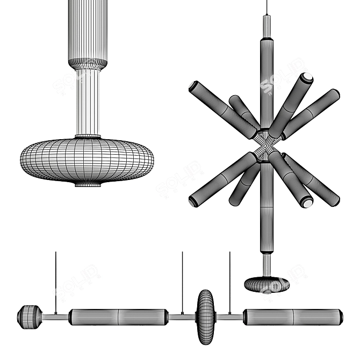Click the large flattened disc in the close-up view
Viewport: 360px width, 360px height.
pyautogui.click(x=87, y=160)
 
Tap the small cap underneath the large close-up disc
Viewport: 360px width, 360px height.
pyautogui.click(x=87, y=184)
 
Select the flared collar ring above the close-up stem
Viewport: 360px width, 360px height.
pyautogui.click(x=87, y=64)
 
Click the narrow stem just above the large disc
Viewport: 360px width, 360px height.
pyautogui.click(x=87, y=102)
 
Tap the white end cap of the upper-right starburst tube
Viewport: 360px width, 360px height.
pyautogui.click(x=307, y=77)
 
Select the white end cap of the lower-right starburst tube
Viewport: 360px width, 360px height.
pyautogui.click(x=307, y=203)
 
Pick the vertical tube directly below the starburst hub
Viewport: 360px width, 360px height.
pyautogui.click(x=267, y=210)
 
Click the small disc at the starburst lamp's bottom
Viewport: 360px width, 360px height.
pyautogui.click(x=267, y=284)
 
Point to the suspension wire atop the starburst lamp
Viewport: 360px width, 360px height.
pyautogui.click(x=267, y=8)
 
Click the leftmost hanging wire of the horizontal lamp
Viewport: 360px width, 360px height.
pyautogui.click(x=55, y=279)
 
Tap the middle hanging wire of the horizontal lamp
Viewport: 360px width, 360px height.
pyautogui.click(x=182, y=279)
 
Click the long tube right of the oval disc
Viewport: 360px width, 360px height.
pyautogui.click(x=293, y=316)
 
